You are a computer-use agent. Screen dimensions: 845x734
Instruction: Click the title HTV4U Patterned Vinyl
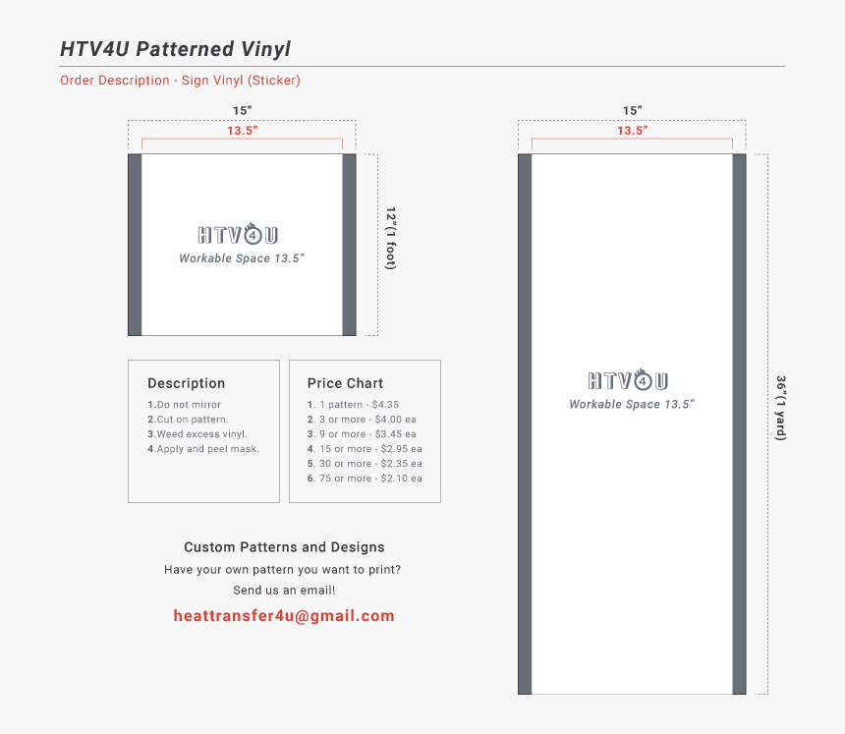[175, 49]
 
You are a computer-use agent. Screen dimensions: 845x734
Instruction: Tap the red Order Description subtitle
[180, 81]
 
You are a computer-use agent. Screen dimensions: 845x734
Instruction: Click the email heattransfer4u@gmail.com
[284, 616]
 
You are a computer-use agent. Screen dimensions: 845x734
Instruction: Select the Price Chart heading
[345, 383]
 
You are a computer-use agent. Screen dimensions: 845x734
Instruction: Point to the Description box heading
[187, 383]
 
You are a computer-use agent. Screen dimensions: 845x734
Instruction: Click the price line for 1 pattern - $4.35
[353, 405]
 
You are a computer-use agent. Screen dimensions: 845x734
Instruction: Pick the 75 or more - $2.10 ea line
[365, 479]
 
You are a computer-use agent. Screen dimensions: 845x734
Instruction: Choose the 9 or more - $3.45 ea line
[362, 434]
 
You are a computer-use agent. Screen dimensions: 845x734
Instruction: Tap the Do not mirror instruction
[185, 405]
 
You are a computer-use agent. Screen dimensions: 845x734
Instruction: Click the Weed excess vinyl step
[197, 434]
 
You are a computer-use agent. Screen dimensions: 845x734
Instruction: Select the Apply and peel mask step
[203, 449]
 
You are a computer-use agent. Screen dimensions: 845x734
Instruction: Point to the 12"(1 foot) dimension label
[391, 238]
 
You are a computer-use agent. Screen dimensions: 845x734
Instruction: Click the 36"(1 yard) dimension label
[781, 408]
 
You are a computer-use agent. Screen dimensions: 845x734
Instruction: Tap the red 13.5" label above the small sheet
[242, 131]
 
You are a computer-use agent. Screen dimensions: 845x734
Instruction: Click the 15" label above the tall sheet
[632, 110]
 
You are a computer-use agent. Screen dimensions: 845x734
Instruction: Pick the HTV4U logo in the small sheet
[238, 234]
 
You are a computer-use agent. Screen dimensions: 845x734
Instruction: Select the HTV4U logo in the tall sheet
[629, 380]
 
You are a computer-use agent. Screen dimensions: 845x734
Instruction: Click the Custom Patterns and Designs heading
[284, 547]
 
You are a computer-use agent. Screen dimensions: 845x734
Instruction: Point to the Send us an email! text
[284, 591]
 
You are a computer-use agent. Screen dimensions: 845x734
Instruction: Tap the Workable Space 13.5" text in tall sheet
[632, 404]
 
